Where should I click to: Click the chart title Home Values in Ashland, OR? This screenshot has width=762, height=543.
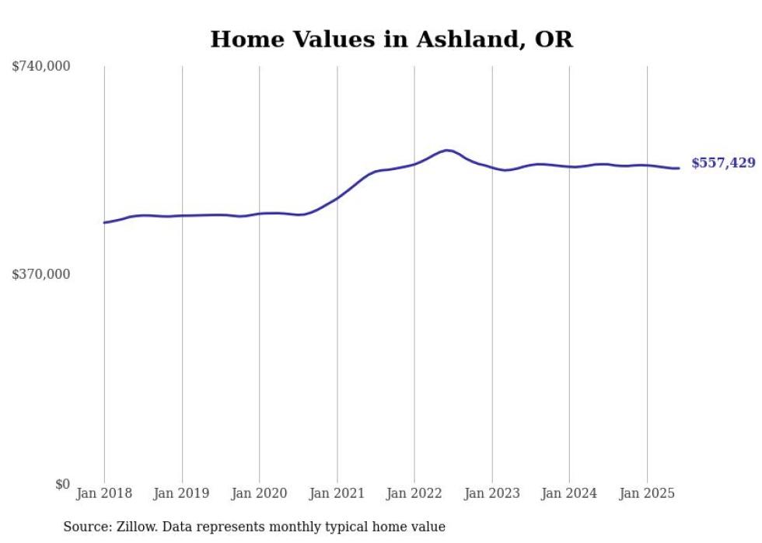pos(391,40)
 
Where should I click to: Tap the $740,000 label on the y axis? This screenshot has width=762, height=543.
pos(41,67)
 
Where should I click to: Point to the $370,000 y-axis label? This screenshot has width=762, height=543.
pos(41,274)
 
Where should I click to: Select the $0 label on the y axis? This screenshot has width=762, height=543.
pos(62,484)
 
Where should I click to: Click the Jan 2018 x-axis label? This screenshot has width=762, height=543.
pos(104,493)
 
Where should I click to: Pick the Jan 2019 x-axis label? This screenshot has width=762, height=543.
pos(182,493)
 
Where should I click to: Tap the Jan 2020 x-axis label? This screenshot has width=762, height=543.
pos(259,493)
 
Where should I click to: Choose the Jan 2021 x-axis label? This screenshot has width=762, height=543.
pos(337,493)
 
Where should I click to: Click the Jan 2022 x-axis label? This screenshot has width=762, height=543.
pos(414,493)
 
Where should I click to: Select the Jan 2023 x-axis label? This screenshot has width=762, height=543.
pos(491,493)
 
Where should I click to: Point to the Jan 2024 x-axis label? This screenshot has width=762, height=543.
pos(569,493)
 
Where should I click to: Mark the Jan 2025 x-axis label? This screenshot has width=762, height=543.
pos(646,493)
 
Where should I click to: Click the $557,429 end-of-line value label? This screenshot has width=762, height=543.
pos(722,163)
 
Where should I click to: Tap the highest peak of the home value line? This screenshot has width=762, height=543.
pos(447,150)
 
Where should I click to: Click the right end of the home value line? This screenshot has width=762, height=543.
pos(679,168)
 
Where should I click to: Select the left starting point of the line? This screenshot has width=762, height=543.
pos(104,223)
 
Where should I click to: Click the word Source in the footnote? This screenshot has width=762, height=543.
pos(85,527)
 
